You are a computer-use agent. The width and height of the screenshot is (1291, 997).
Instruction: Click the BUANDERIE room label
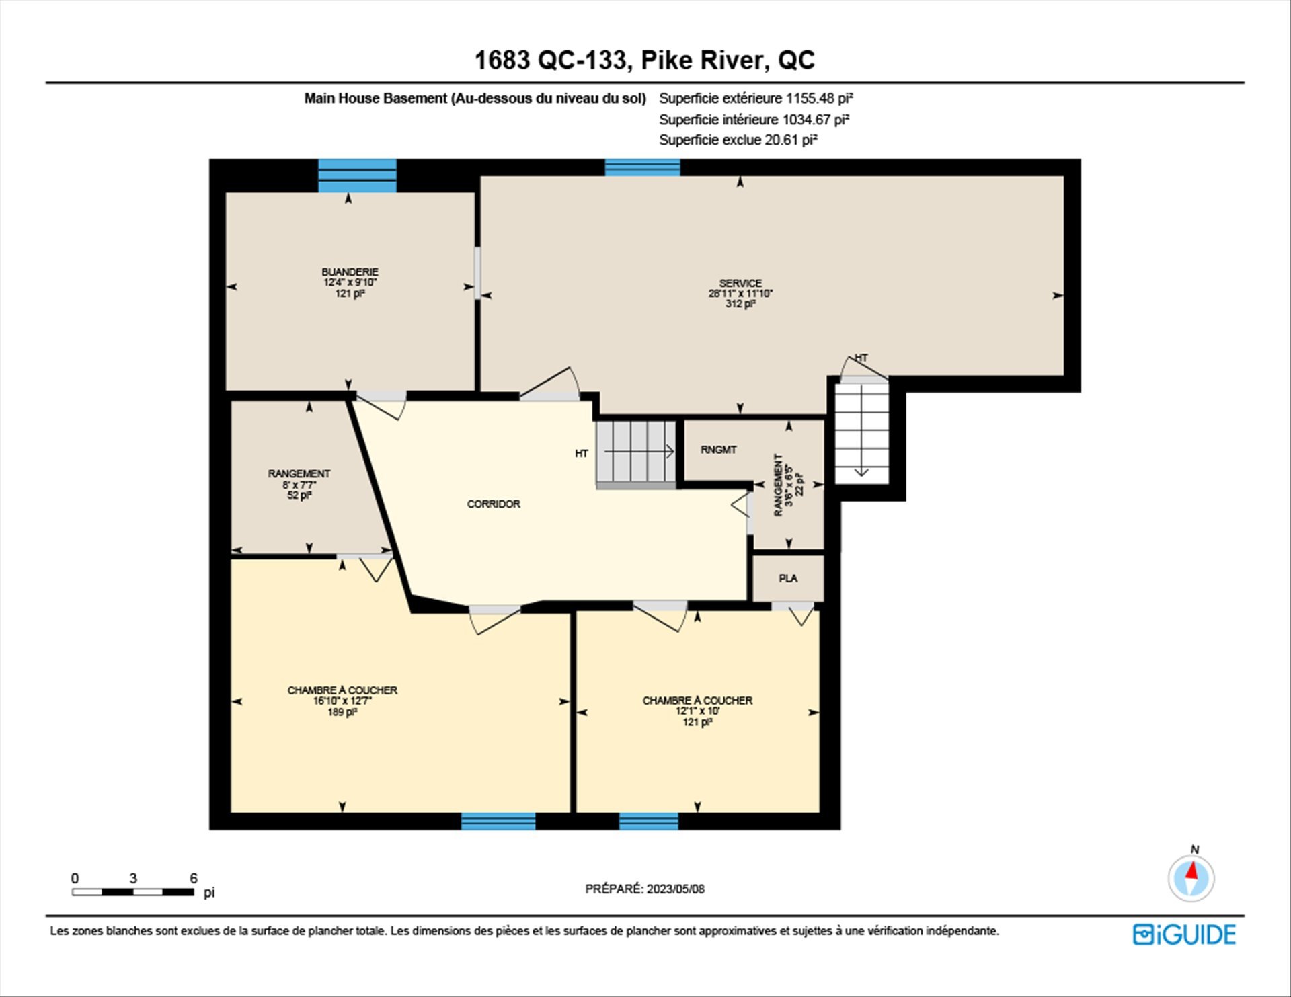tap(350, 272)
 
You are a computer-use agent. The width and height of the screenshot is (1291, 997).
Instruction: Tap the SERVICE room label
tap(740, 283)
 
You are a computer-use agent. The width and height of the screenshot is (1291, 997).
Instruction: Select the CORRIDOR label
tap(494, 504)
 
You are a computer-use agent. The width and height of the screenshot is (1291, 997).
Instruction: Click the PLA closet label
tap(788, 578)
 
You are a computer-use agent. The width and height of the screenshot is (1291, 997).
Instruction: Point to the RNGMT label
tap(718, 450)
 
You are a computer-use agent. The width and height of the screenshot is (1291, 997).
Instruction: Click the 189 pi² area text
tap(342, 712)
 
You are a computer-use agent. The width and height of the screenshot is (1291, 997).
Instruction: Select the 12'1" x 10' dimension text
tap(697, 711)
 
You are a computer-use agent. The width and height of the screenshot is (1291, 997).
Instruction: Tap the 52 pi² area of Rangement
tap(299, 495)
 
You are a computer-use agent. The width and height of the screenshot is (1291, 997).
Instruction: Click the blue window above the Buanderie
tap(357, 175)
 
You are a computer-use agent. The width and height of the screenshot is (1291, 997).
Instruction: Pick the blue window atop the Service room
tap(642, 167)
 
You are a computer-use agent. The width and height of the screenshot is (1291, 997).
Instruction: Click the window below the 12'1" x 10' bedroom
tap(648, 821)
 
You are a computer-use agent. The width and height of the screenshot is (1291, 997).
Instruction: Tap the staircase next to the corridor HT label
tap(636, 452)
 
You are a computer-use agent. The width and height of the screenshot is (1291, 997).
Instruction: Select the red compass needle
tap(1192, 871)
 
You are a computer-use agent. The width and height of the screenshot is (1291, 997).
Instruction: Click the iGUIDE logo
tap(1184, 934)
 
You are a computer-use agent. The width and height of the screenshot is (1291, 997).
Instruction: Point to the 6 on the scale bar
tap(194, 878)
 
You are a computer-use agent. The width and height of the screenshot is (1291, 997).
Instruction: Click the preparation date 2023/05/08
tap(676, 889)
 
